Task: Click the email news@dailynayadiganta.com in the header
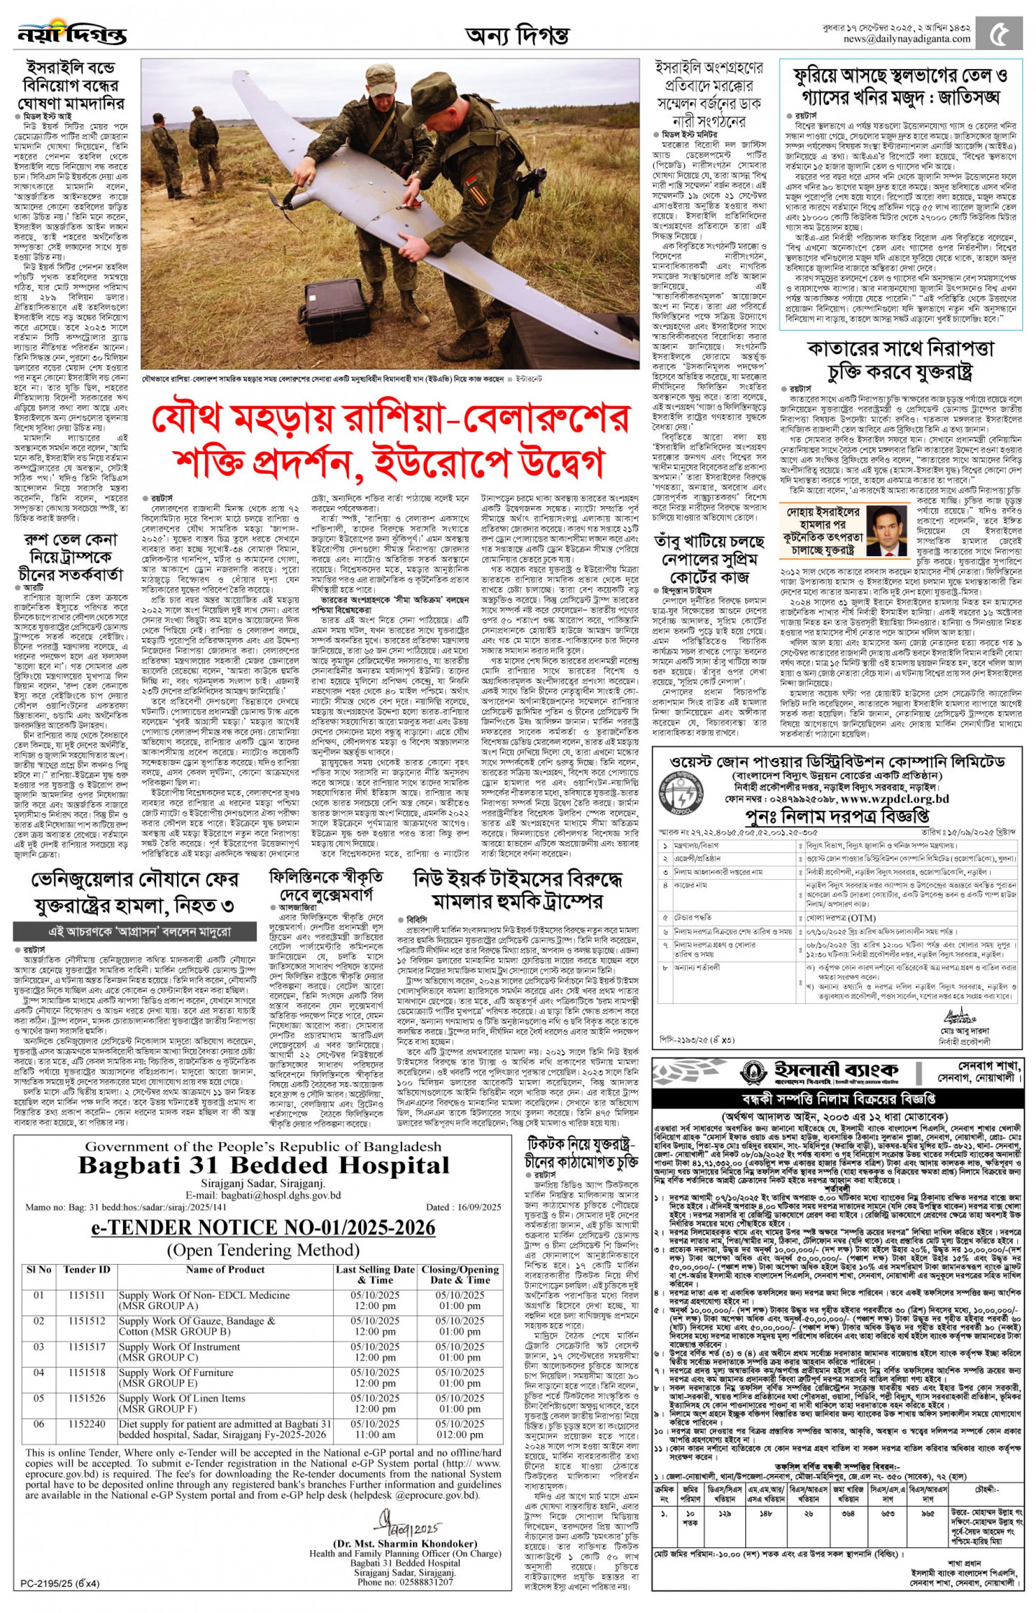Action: coord(907,39)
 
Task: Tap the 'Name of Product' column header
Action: coord(225,1270)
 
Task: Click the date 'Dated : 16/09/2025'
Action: coord(463,1207)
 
